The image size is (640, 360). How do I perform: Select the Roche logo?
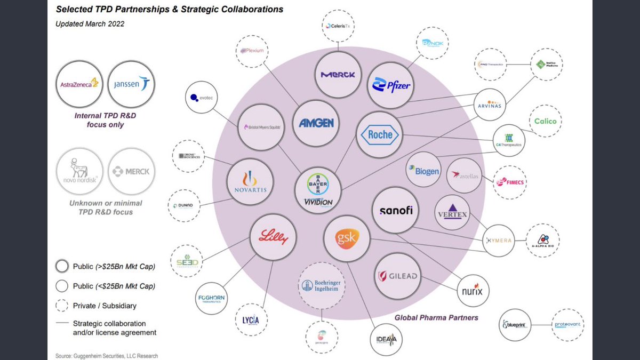[380, 135]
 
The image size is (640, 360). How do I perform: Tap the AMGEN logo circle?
[316, 123]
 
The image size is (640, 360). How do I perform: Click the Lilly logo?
[273, 237]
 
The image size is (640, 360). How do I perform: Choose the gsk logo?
[347, 237]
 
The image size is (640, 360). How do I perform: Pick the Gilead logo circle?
[397, 276]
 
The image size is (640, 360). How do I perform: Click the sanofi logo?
[396, 211]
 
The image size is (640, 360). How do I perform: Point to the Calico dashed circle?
[545, 121]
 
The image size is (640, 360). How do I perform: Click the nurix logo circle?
[473, 291]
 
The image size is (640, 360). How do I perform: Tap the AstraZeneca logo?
[78, 84]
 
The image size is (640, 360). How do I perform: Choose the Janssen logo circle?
[131, 84]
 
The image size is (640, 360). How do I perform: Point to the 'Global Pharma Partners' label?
[436, 318]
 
